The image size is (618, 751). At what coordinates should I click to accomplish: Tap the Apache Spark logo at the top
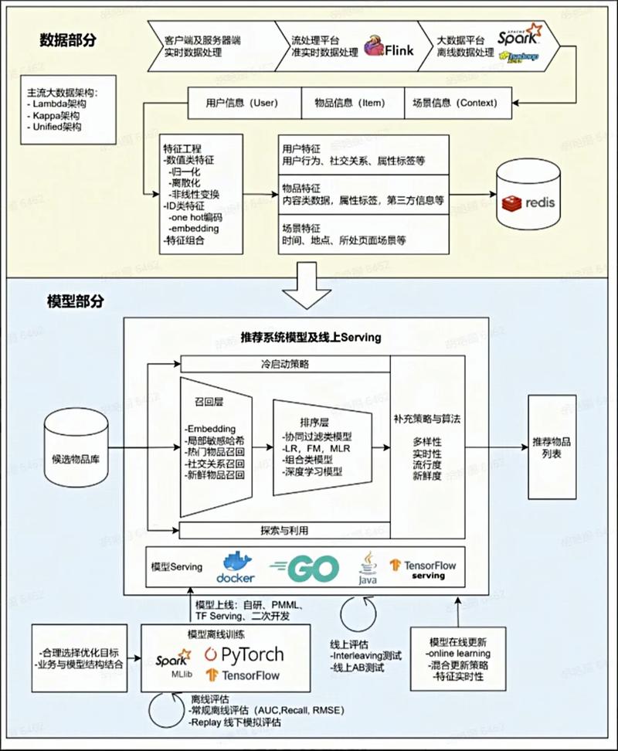click(x=519, y=36)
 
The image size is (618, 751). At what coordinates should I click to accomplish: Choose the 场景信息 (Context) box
click(x=458, y=102)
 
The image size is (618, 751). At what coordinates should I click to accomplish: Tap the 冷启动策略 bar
click(x=285, y=363)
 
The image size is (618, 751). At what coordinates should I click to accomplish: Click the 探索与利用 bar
click(x=285, y=530)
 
